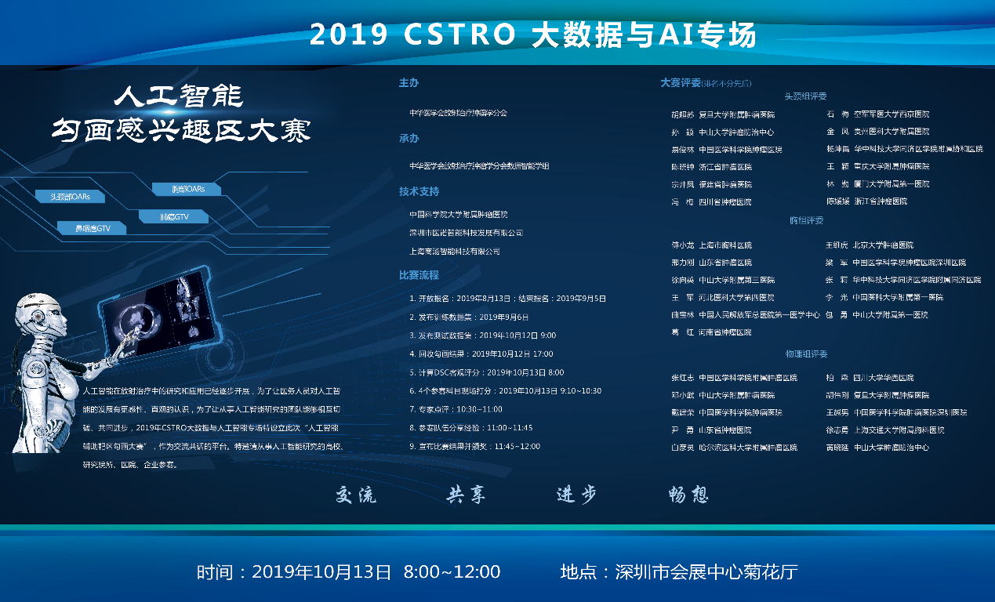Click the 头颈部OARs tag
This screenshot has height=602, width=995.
coord(70,197)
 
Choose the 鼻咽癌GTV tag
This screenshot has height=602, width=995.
coord(93,228)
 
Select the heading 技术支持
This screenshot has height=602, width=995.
coord(419,191)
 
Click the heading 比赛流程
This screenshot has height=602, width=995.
coord(419,275)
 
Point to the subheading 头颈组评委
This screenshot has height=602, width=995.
coord(805,96)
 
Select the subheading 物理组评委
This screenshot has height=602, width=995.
coord(806,354)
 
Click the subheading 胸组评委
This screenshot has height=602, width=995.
coord(806,221)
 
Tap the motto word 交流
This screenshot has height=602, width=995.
coord(356,495)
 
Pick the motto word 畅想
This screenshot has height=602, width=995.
coord(688,495)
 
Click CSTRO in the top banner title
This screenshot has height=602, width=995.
coord(459,34)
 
